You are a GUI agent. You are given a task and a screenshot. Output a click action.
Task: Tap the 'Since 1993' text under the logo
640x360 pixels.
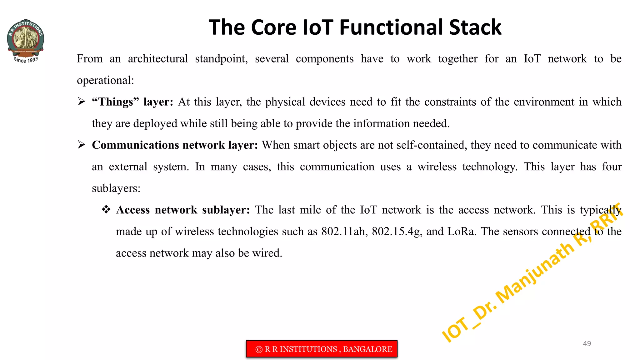click(26, 60)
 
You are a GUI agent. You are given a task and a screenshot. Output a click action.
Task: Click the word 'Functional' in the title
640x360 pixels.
click(392, 27)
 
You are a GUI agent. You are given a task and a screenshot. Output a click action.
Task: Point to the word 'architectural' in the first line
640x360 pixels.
click(158, 59)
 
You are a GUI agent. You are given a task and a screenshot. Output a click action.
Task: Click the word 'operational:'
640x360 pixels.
click(105, 80)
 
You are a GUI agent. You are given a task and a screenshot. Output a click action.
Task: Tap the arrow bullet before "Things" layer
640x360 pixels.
click(82, 102)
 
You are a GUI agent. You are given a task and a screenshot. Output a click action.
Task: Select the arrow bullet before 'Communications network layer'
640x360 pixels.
click(82, 145)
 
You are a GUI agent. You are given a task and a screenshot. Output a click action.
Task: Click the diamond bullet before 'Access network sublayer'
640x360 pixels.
click(106, 209)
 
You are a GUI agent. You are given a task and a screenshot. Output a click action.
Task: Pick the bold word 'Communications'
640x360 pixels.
click(135, 145)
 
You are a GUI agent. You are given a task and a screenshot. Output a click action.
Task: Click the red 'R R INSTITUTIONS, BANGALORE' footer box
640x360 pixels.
click(322, 349)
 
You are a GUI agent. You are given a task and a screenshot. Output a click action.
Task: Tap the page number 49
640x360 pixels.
click(587, 343)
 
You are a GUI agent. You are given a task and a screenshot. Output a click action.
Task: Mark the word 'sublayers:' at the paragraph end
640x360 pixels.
click(116, 188)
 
